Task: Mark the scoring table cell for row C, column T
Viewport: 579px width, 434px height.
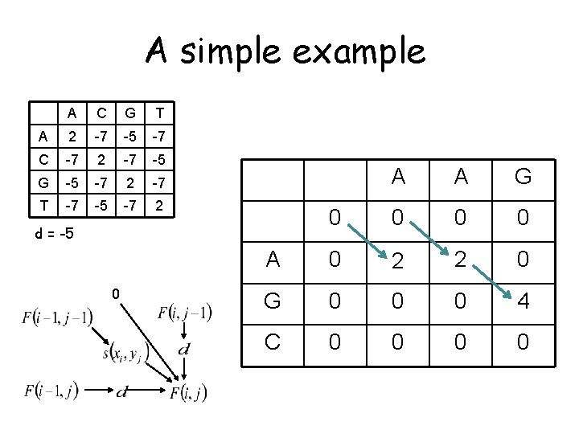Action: [160, 158]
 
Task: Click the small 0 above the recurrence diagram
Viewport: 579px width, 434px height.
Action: [116, 295]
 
